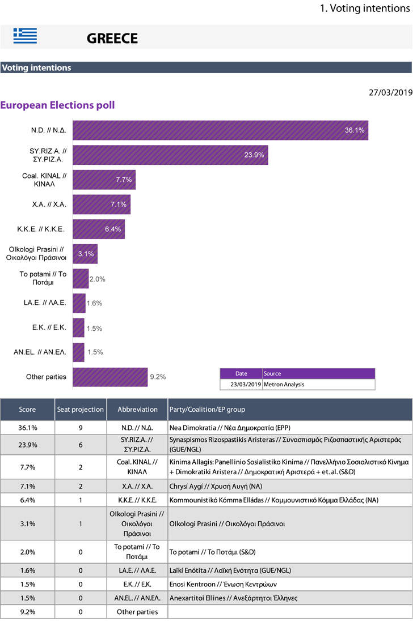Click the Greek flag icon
click(x=25, y=36)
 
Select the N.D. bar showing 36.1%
click(x=220, y=130)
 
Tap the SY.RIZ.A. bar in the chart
click(x=170, y=155)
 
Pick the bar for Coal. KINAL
click(x=104, y=180)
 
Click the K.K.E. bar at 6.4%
click(x=99, y=229)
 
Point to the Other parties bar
click(x=110, y=377)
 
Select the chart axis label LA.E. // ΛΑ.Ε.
click(x=41, y=303)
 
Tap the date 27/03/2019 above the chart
click(x=391, y=92)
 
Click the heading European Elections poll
click(x=57, y=105)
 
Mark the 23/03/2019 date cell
click(x=241, y=384)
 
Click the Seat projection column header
click(x=81, y=410)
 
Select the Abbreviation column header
click(x=137, y=410)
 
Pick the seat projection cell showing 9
click(x=81, y=428)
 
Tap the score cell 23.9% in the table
click(x=27, y=445)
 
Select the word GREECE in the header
click(x=112, y=39)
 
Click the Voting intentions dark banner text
click(x=36, y=67)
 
